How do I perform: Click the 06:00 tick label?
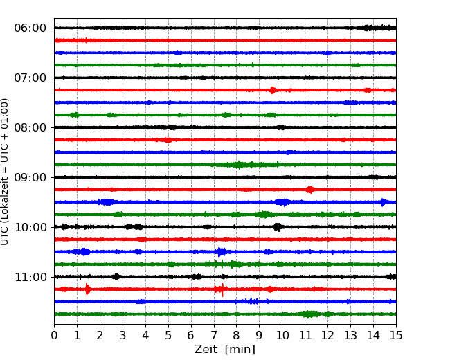[x=30, y=28]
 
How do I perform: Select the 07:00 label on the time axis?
[x=30, y=78]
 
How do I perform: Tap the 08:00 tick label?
[x=30, y=127]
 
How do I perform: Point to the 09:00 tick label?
[x=30, y=177]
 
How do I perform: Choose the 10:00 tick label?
[x=30, y=227]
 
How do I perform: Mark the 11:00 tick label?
[x=30, y=277]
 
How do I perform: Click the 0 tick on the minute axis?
[x=54, y=335]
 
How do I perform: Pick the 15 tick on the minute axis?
[x=396, y=335]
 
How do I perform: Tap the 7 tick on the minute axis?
[x=214, y=335]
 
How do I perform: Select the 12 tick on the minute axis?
[x=327, y=335]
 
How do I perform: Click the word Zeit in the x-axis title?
[x=206, y=350]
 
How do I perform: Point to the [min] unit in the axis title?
[x=240, y=350]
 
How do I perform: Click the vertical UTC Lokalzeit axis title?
[x=5, y=172]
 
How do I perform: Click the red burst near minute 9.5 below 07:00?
[x=272, y=90]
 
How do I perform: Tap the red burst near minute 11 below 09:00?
[x=309, y=190]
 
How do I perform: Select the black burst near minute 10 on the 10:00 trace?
[x=277, y=227]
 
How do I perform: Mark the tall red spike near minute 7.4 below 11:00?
[x=222, y=289]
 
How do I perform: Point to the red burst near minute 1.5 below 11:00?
[x=87, y=289]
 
